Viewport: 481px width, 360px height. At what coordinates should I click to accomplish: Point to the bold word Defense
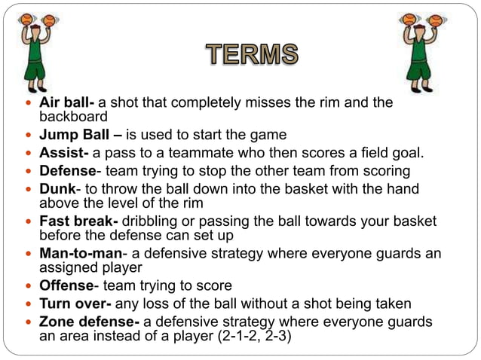point(67,171)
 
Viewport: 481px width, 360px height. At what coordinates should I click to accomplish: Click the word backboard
point(74,117)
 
